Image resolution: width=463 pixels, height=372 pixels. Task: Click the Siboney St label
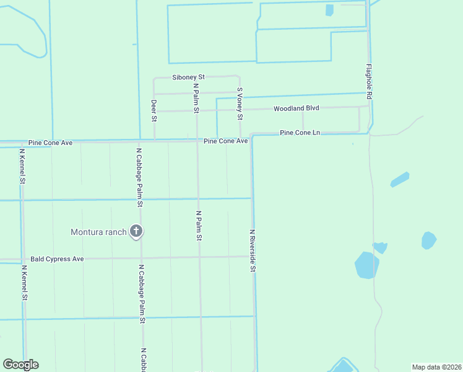[x=188, y=77]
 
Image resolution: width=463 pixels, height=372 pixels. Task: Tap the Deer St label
[x=154, y=110]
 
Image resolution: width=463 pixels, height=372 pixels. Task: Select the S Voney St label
[x=240, y=104]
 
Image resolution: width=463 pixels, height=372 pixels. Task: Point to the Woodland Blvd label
[x=296, y=108]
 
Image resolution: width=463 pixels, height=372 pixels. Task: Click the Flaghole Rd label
[x=368, y=82]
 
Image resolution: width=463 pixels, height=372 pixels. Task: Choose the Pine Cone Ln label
[x=300, y=133]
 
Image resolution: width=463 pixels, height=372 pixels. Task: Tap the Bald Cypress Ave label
[x=56, y=259]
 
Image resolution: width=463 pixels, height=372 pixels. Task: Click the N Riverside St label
[x=253, y=250]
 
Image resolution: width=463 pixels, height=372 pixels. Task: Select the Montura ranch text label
[x=99, y=232]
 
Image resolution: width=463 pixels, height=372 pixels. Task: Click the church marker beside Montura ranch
[x=136, y=232]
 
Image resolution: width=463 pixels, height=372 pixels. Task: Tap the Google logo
[x=20, y=365]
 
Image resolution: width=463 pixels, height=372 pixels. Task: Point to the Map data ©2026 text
[x=436, y=366]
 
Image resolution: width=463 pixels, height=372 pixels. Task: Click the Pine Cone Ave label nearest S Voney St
[x=226, y=141]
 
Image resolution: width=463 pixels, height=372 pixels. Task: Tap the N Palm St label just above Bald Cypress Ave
[x=199, y=226]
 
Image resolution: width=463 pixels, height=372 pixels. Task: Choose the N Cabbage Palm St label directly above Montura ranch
[x=141, y=177]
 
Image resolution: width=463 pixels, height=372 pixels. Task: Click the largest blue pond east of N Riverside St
[x=366, y=265]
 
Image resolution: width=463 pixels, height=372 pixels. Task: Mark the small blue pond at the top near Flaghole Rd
[x=329, y=10]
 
